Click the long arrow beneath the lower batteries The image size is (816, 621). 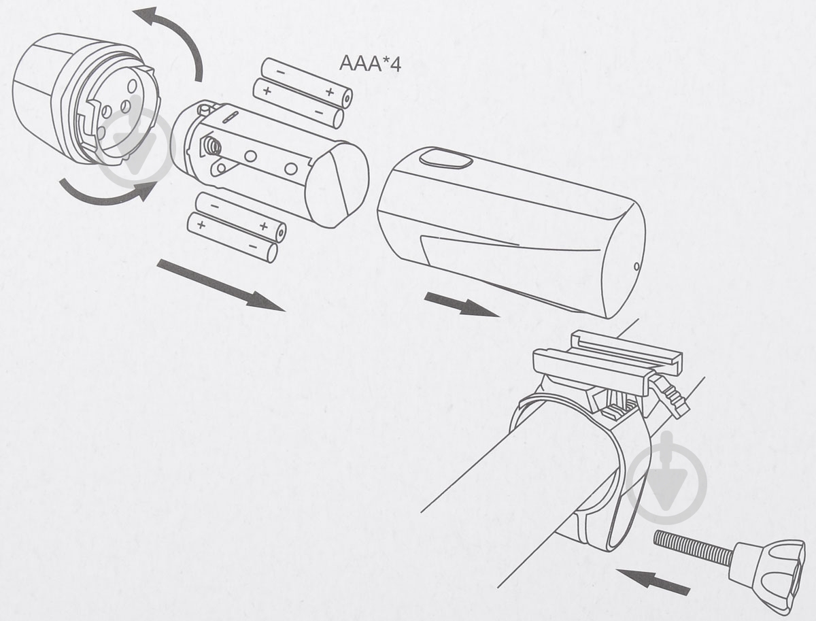point(221,285)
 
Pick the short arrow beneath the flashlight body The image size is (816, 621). point(461,304)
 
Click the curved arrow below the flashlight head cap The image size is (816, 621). point(108,192)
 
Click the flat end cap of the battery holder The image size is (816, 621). point(337,185)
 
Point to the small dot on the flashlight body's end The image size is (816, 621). point(636,266)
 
